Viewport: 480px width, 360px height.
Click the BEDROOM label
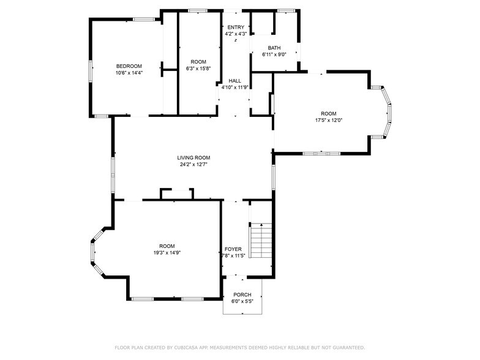pos(129,66)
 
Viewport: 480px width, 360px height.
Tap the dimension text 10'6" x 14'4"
pos(129,73)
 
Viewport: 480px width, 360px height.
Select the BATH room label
pos(274,48)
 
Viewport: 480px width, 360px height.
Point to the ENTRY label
pos(236,27)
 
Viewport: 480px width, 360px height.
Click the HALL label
pos(234,80)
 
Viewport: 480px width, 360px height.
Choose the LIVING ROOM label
pos(194,157)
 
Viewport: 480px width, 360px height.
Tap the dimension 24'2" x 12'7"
pos(194,164)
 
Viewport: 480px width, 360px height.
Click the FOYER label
pos(233,249)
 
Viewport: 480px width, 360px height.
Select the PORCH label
pos(242,294)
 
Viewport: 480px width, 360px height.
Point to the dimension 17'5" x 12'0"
pos(329,120)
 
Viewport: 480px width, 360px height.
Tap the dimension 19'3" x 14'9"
pos(167,252)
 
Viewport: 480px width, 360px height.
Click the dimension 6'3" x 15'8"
pos(198,69)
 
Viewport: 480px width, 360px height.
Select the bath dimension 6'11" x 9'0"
pos(274,54)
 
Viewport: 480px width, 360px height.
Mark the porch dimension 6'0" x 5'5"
pos(242,301)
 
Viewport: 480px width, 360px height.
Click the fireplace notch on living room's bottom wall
pos(177,194)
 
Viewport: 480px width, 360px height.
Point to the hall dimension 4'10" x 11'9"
pos(234,87)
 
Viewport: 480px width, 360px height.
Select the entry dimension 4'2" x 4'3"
pos(236,34)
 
